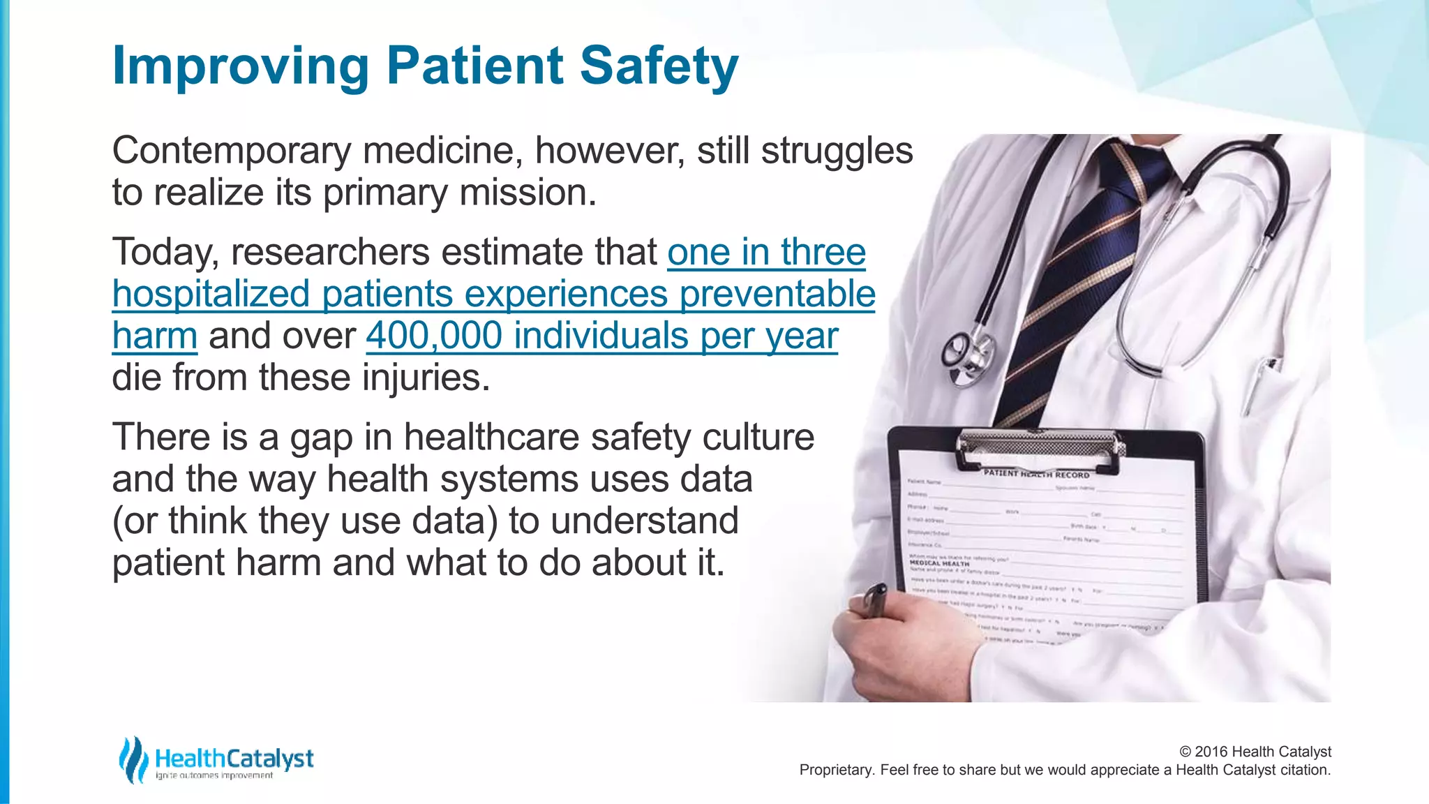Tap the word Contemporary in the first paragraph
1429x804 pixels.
231,151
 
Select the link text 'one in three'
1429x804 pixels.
766,252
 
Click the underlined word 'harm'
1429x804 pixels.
155,336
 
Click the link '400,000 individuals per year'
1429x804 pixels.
601,336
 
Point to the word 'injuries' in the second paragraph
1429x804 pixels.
425,378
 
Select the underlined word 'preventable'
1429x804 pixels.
777,294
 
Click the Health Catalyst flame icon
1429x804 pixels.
133,759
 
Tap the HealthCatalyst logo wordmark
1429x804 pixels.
234,759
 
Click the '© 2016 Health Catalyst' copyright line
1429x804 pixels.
1255,752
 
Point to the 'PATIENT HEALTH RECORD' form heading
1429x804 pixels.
1035,474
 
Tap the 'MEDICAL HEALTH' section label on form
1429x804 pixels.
939,563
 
